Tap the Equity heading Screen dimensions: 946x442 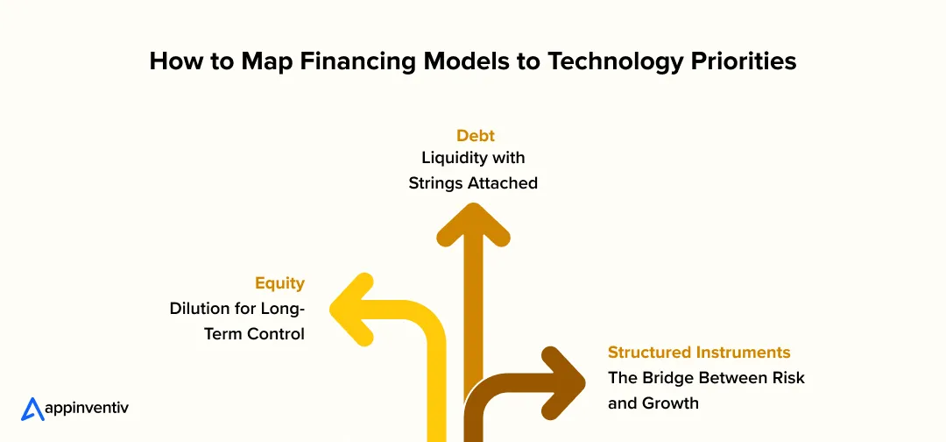pos(280,283)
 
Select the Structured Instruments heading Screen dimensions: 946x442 pos(699,352)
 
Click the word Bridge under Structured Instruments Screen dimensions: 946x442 pos(665,378)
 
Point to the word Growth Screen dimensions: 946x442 pos(669,403)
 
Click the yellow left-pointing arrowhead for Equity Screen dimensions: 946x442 pos(353,310)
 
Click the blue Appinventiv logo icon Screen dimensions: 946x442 pos(32,409)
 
